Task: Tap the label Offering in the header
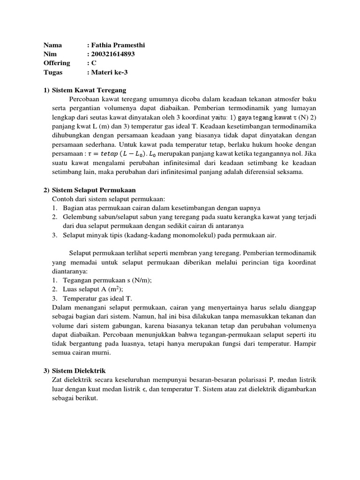[x=57, y=63]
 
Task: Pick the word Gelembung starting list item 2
[x=80, y=217]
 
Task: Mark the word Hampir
[x=306, y=344]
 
